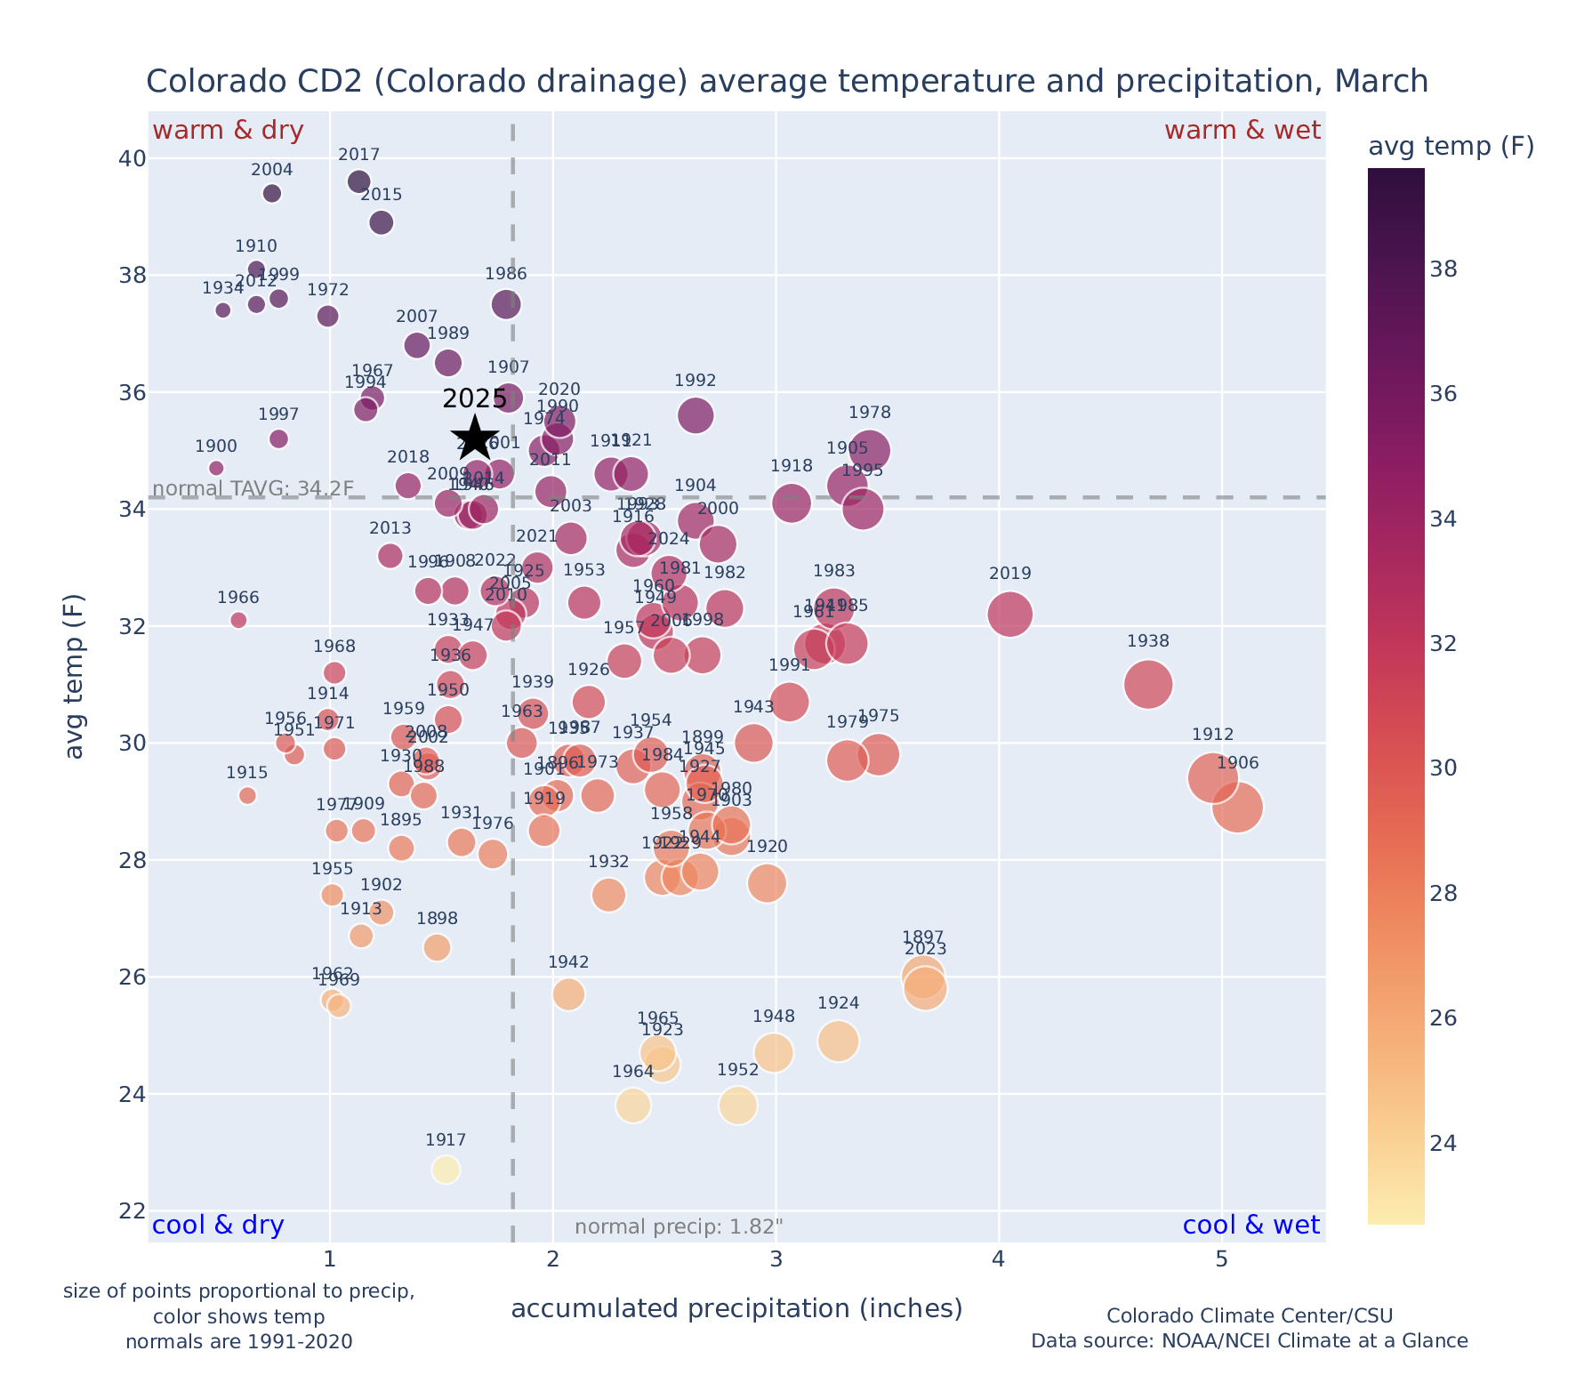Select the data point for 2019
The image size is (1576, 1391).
1009,614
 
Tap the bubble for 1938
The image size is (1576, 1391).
1148,684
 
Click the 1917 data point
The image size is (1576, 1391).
446,1170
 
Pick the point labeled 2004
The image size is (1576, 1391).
272,193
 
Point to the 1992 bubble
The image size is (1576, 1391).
696,414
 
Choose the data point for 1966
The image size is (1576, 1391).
238,620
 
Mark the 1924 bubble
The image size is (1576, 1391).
838,1041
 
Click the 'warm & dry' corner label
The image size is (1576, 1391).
228,131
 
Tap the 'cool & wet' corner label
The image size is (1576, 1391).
1250,1226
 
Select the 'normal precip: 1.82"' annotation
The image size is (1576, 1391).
679,1227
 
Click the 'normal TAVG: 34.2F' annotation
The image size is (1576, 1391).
253,488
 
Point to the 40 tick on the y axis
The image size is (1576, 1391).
132,158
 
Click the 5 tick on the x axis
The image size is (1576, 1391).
1222,1258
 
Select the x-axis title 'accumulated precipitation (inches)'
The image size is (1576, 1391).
736,1308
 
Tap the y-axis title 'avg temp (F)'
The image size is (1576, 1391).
76,676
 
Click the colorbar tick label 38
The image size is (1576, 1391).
1443,269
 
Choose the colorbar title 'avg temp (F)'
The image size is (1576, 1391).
1451,146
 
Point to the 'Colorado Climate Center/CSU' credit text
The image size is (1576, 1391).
1249,1315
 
